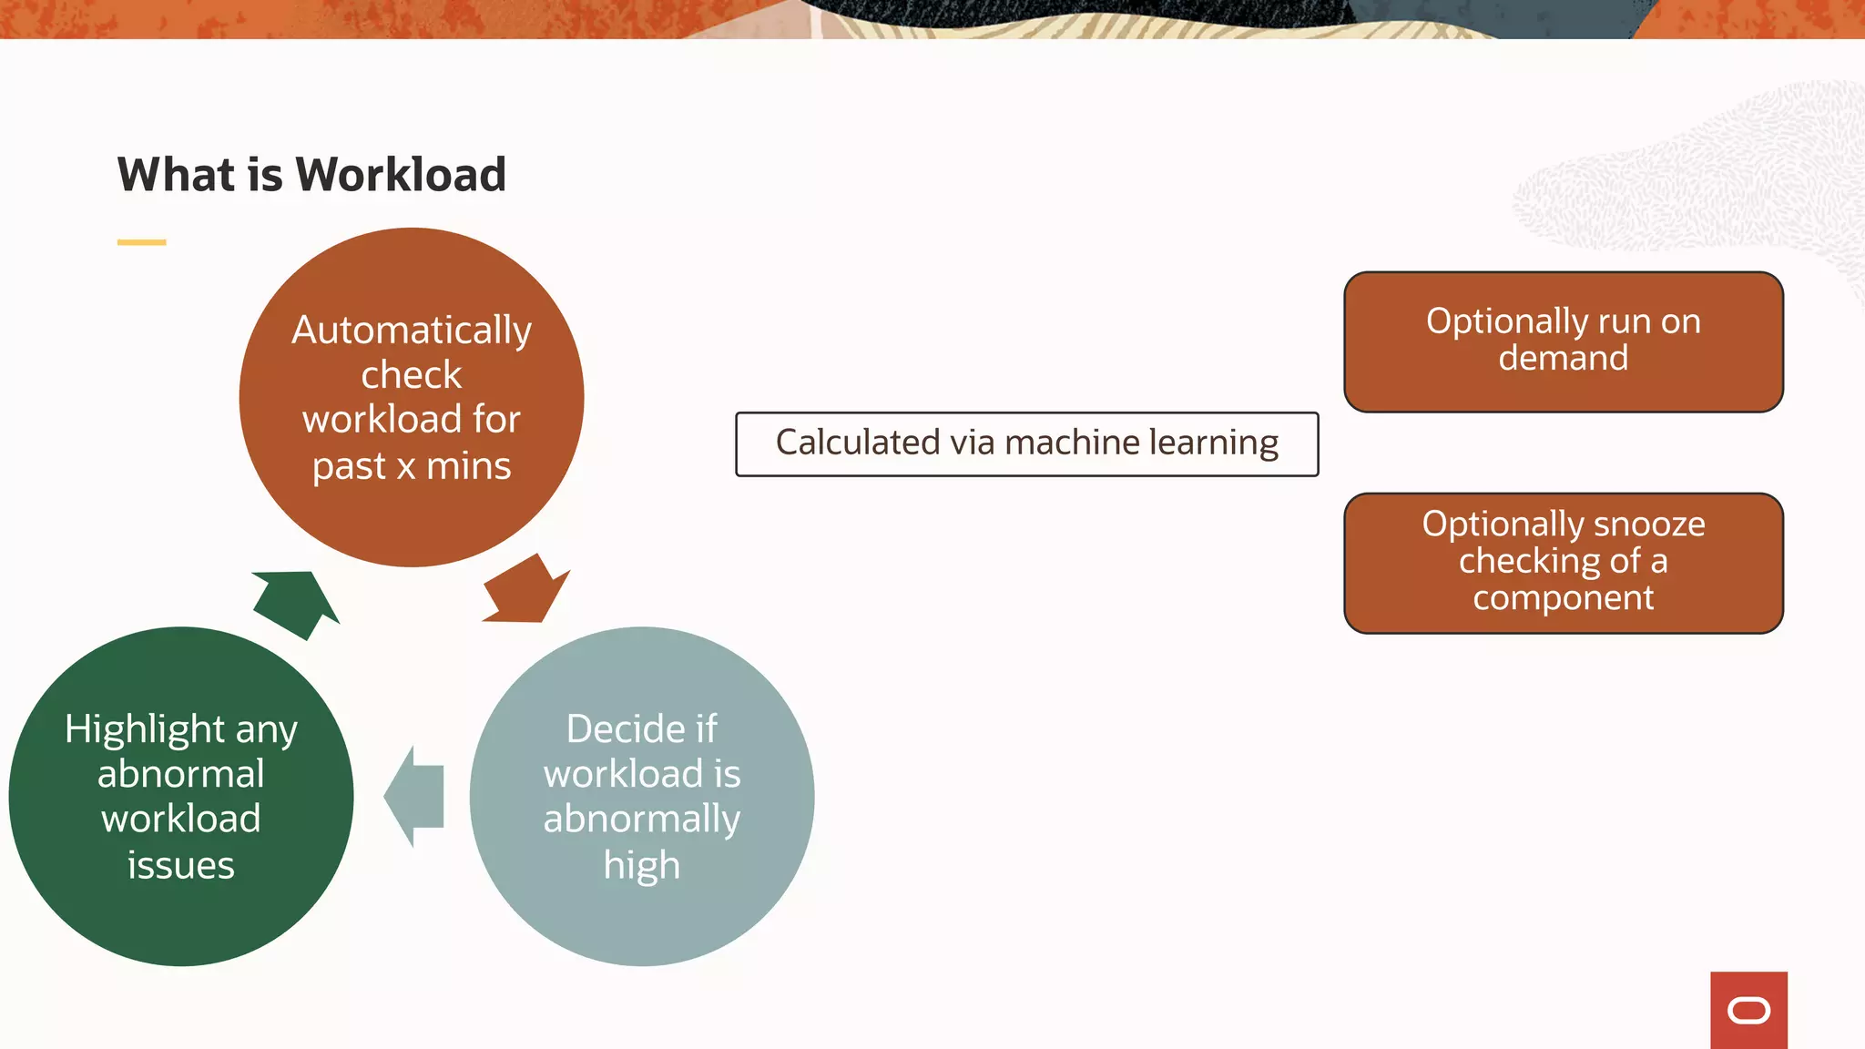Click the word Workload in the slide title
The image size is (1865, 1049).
[x=401, y=175]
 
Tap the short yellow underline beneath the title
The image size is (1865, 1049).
[x=141, y=242]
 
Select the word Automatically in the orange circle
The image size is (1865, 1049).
[x=412, y=330]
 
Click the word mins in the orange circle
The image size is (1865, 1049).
[x=468, y=466]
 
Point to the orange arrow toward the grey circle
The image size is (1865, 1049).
[x=525, y=590]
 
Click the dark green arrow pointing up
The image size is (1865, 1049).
[x=296, y=601]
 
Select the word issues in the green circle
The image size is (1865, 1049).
[x=181, y=865]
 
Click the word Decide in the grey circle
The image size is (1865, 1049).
[x=617, y=729]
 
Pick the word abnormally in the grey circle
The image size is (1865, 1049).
[x=642, y=820]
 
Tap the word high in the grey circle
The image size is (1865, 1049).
[x=642, y=866]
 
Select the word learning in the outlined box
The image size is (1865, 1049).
[x=1214, y=443]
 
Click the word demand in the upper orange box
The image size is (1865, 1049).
[x=1563, y=358]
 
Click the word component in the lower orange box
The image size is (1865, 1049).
[x=1563, y=598]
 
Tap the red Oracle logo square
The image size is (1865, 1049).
[x=1748, y=1010]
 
